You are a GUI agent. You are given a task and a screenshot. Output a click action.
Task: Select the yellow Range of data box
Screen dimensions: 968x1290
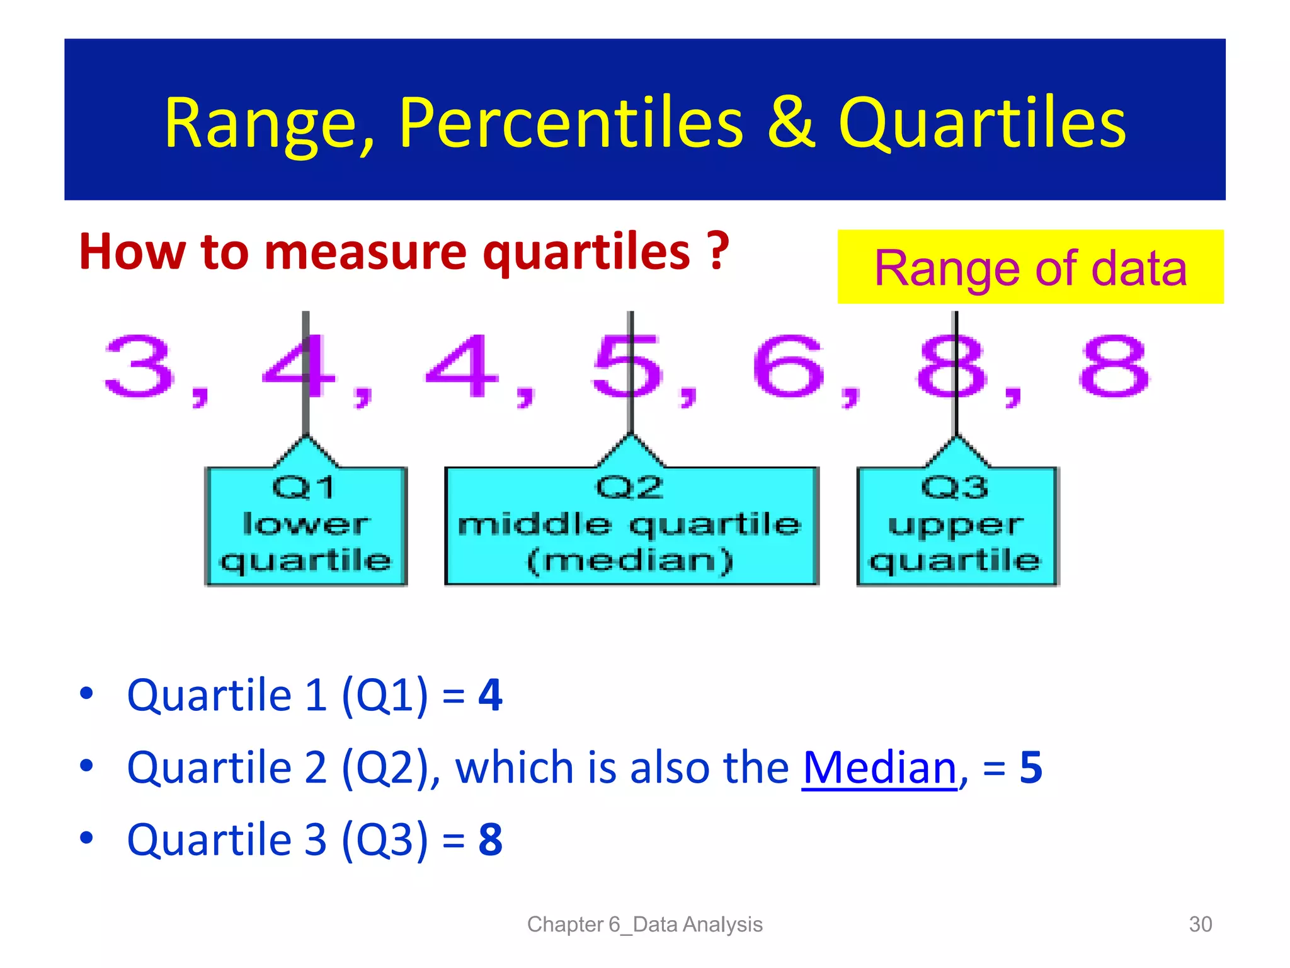1030,267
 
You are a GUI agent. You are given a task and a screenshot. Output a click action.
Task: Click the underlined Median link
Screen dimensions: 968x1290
879,768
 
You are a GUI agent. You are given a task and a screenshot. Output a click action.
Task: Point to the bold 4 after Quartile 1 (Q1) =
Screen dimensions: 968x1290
490,696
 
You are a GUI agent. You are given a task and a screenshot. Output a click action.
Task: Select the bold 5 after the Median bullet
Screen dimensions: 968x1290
1030,768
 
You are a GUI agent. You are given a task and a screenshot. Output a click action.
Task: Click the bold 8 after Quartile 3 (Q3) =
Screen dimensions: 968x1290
490,839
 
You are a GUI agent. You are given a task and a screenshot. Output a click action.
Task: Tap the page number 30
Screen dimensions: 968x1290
1200,924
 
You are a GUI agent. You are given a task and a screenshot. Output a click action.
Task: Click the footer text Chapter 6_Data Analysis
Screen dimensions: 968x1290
644,924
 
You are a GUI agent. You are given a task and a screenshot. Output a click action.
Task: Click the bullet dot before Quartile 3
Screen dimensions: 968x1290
87,838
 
